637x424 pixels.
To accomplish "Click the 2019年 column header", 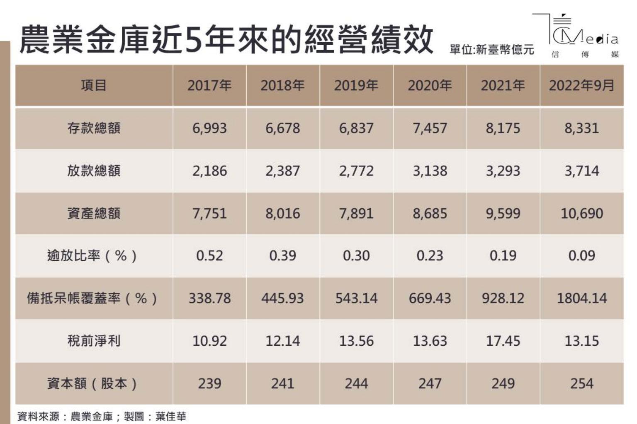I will (x=356, y=86).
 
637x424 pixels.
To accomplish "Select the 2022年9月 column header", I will (x=581, y=86).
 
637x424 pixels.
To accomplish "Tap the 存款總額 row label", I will (x=94, y=128).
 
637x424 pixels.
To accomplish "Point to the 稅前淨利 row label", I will (x=94, y=341).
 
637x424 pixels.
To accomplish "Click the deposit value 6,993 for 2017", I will (x=209, y=128).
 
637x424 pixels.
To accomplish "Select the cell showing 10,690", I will (x=581, y=214).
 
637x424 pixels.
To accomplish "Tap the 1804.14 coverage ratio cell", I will (x=581, y=298).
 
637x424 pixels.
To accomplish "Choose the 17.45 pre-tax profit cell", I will (x=503, y=341).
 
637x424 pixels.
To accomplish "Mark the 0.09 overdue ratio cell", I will (x=581, y=256).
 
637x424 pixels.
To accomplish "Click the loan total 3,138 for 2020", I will (x=430, y=171).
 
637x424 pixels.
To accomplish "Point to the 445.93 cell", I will (x=282, y=298).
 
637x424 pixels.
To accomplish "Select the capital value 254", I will (x=581, y=383).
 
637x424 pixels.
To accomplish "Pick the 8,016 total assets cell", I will (x=282, y=214).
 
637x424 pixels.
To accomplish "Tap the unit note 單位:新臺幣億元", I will (x=492, y=50).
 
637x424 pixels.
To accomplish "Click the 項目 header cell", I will (x=94, y=86).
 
